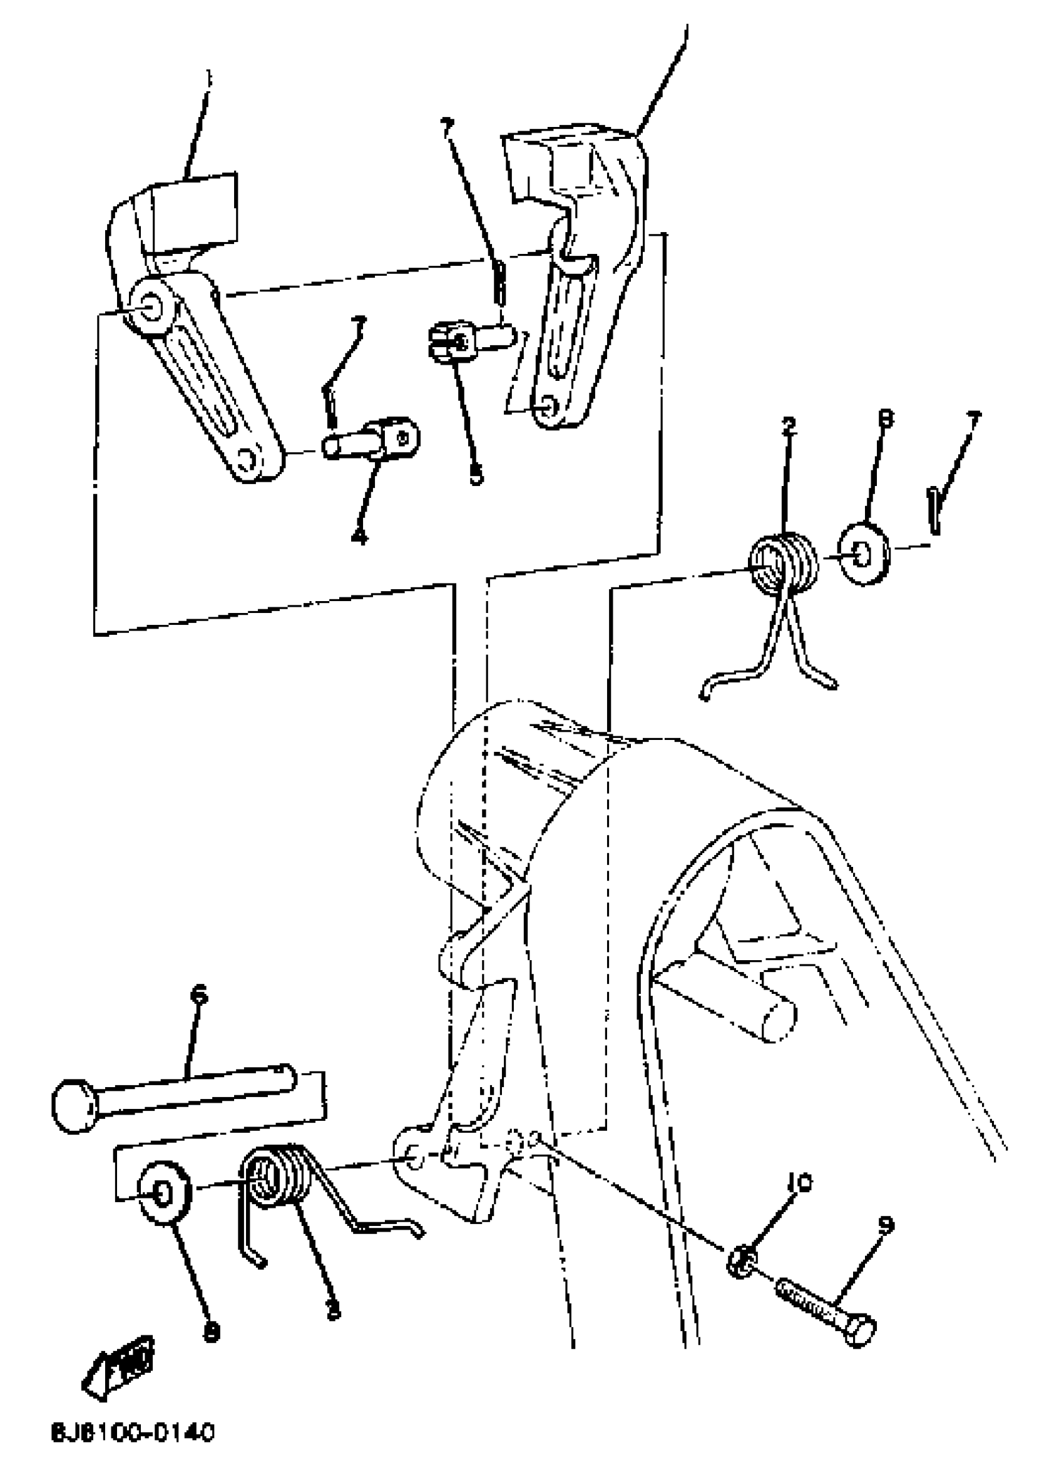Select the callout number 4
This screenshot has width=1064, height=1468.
(x=359, y=536)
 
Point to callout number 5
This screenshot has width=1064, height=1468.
(x=476, y=477)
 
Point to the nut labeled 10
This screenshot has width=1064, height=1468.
(x=743, y=1261)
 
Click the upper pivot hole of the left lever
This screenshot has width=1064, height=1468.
(x=150, y=304)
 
